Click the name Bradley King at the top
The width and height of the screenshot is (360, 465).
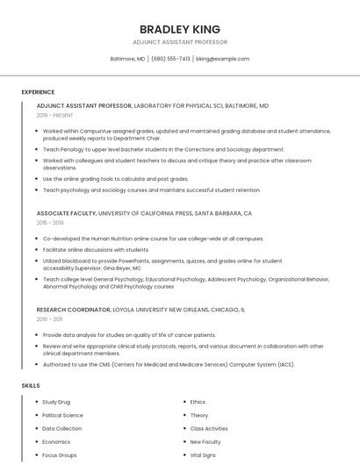pyautogui.click(x=179, y=29)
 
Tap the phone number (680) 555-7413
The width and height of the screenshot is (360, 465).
pyautogui.click(x=170, y=59)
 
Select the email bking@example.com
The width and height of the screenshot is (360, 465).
pyautogui.click(x=223, y=59)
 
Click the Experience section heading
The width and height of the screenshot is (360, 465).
pyautogui.click(x=38, y=92)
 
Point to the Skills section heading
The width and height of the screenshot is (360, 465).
pyautogui.click(x=31, y=385)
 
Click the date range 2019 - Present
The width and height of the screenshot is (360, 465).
pyautogui.click(x=54, y=115)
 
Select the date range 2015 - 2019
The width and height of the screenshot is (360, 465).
pyautogui.click(x=50, y=223)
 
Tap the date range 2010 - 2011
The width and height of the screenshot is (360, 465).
pyautogui.click(x=49, y=318)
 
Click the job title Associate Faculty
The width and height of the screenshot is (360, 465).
pyautogui.click(x=66, y=213)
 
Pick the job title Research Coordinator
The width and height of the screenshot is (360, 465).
pyautogui.click(x=73, y=309)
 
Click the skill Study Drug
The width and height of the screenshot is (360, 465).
pyautogui.click(x=56, y=402)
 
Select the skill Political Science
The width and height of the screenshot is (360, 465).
pyautogui.click(x=62, y=415)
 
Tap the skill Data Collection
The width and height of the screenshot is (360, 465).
pyautogui.click(x=61, y=428)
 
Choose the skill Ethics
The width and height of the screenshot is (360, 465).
pyautogui.click(x=198, y=402)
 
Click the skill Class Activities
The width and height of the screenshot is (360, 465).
pyautogui.click(x=209, y=428)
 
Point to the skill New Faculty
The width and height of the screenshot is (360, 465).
pyautogui.click(x=205, y=442)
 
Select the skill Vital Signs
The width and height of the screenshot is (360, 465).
pyautogui.click(x=203, y=455)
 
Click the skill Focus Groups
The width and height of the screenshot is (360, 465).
pyautogui.click(x=60, y=455)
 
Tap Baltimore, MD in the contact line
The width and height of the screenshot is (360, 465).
pyautogui.click(x=127, y=59)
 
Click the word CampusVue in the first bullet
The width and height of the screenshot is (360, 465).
pyautogui.click(x=90, y=131)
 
